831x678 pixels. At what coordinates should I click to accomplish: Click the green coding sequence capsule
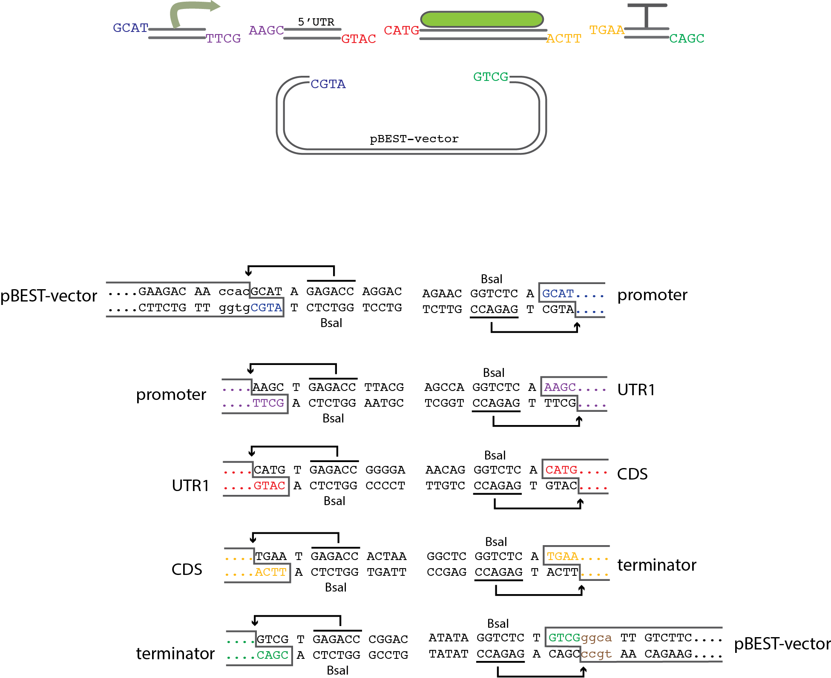(x=482, y=20)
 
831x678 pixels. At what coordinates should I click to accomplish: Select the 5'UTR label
(x=316, y=22)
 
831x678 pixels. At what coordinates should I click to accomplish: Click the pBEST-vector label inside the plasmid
(x=414, y=139)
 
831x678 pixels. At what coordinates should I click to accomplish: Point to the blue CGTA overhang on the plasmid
(x=328, y=84)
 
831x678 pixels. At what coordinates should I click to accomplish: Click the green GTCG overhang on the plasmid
(x=491, y=77)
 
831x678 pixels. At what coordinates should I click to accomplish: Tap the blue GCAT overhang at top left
(x=130, y=28)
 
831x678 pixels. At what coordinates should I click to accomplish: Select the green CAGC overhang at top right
(x=687, y=38)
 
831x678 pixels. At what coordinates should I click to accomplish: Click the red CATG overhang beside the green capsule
(x=401, y=30)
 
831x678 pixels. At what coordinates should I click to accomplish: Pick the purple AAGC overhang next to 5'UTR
(x=266, y=30)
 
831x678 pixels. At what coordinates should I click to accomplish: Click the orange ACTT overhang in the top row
(x=564, y=39)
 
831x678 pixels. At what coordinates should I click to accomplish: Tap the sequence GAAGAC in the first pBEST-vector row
(x=162, y=291)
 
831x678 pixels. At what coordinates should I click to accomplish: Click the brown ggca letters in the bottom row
(x=596, y=638)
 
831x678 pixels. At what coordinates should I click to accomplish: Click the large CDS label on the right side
(x=633, y=474)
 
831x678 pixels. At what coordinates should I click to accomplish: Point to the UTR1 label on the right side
(x=636, y=390)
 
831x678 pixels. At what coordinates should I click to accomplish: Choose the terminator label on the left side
(x=175, y=653)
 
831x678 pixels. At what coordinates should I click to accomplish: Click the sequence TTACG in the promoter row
(x=384, y=387)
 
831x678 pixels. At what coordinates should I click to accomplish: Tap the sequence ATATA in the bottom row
(x=448, y=638)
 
